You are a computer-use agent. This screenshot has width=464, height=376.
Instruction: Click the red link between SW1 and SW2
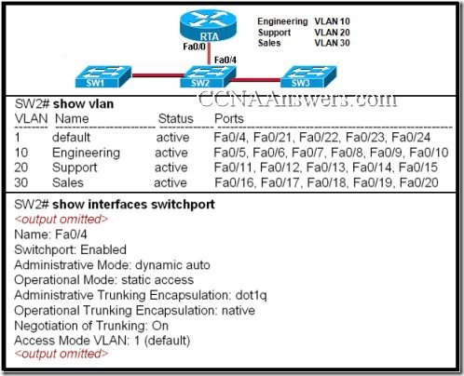(x=152, y=74)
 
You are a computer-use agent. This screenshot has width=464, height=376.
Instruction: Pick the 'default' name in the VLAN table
(x=75, y=137)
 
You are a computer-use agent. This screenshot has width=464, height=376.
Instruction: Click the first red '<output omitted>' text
(x=61, y=218)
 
